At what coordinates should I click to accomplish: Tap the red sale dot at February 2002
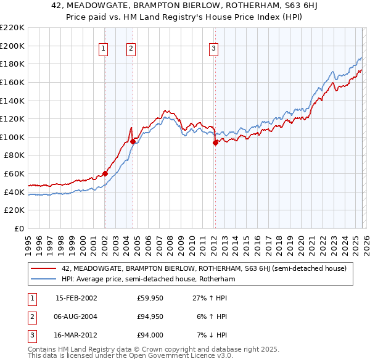click(105, 173)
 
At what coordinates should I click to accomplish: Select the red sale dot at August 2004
click(133, 141)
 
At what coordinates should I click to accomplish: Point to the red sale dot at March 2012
click(215, 143)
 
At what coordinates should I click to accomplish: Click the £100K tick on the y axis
click(12, 137)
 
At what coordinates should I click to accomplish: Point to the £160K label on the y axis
click(12, 82)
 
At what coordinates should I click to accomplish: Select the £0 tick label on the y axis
click(18, 229)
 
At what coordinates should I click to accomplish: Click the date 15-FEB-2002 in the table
click(76, 298)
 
